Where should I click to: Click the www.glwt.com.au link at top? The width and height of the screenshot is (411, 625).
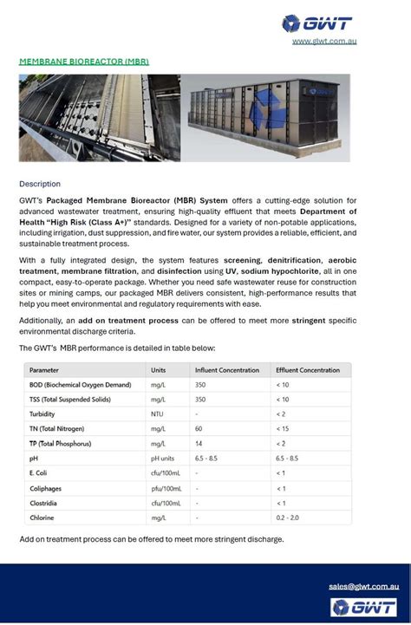[325, 41]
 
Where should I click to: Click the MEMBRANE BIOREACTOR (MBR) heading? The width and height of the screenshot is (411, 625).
[84, 62]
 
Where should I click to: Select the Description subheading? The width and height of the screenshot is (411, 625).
[40, 184]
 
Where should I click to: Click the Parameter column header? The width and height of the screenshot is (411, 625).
[45, 370]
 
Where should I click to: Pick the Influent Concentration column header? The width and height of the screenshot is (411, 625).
[226, 370]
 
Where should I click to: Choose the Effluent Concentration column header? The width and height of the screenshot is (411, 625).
[308, 370]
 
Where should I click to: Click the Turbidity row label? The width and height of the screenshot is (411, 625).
[43, 414]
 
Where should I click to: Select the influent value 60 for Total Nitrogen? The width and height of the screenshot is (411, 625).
[199, 429]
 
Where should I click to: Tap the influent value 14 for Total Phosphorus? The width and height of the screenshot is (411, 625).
[199, 444]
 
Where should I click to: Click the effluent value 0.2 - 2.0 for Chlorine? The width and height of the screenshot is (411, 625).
[288, 518]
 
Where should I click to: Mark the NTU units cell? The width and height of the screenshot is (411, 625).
[158, 414]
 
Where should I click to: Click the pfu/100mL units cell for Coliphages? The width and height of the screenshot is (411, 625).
[166, 488]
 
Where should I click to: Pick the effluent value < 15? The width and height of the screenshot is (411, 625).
[283, 429]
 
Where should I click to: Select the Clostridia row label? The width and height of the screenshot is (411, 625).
[44, 503]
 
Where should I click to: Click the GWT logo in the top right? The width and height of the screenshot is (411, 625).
[320, 23]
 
